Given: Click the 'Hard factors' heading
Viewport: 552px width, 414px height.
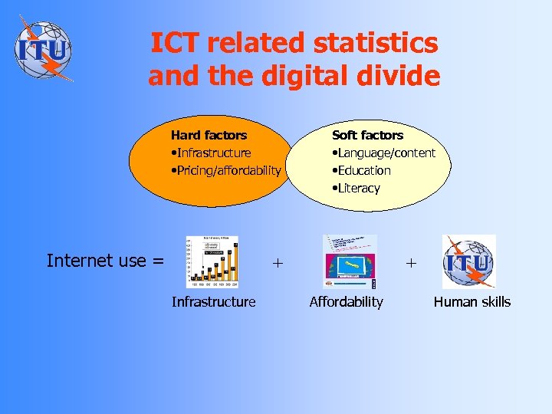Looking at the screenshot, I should point(209,135).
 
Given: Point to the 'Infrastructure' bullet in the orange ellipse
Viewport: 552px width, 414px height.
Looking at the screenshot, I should point(212,153).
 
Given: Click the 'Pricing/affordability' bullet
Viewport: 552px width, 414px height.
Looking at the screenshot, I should point(226,170).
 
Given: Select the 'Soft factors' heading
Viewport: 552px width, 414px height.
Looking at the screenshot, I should point(367,135).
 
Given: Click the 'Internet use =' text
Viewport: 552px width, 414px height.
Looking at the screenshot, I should point(105,261).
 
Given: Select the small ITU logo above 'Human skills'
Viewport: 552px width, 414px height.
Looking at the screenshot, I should point(469,261).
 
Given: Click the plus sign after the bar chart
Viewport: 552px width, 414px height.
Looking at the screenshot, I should point(277,262).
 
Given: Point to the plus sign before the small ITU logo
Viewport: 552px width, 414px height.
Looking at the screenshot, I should point(411,262).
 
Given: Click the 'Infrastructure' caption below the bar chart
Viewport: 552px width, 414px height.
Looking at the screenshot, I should point(213,302).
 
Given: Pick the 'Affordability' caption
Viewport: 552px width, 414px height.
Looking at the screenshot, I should point(346,302).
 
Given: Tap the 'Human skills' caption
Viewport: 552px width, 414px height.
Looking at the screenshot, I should point(472,302).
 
